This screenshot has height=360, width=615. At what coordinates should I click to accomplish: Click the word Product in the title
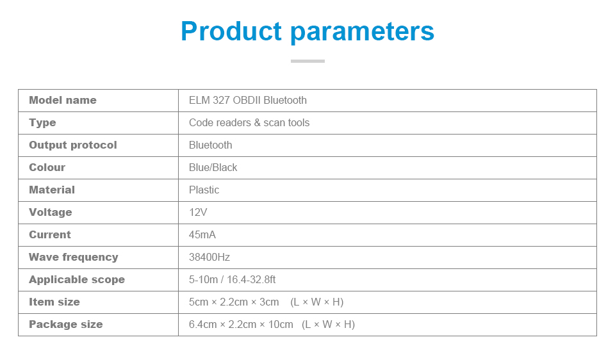point(231,32)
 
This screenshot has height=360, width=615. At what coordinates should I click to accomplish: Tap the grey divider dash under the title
point(307,61)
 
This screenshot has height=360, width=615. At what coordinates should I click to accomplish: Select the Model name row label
point(63,101)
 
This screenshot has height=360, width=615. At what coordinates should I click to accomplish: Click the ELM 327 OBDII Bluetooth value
point(248,101)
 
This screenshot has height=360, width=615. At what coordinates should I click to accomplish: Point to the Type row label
point(42,123)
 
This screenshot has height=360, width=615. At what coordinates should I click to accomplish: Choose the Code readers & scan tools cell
point(249,123)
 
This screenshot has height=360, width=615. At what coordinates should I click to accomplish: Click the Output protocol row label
point(73,145)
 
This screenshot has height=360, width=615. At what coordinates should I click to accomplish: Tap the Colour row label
point(47,168)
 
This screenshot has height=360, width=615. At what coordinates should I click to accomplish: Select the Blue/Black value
point(213,168)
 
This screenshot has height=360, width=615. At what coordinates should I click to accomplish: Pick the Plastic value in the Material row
point(204,190)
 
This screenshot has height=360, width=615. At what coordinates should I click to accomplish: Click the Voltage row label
point(50,213)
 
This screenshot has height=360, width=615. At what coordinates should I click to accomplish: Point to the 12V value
point(198,213)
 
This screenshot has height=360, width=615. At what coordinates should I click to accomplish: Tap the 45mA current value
point(202,235)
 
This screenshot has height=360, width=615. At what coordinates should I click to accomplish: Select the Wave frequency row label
point(74,258)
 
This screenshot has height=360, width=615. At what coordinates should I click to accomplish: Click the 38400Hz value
point(209,258)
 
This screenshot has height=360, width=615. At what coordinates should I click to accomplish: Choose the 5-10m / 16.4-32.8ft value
point(233,280)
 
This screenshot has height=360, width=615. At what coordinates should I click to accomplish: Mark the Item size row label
point(54,302)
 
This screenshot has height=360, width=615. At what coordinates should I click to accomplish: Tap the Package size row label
point(65,325)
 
